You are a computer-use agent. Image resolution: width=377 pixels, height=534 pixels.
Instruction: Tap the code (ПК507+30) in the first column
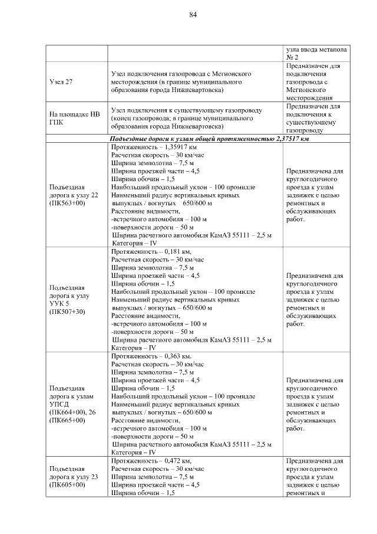pyautogui.click(x=68, y=312)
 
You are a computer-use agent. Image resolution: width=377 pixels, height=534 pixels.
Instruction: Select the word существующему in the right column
pyautogui.click(x=311, y=122)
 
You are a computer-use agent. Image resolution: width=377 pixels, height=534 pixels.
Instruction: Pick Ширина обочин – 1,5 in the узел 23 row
pyautogui.click(x=143, y=494)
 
